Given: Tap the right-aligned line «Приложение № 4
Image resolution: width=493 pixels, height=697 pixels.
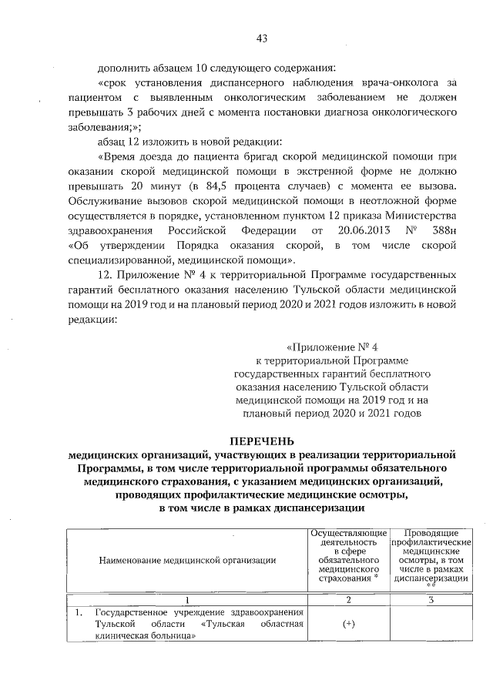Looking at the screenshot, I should [x=328, y=346].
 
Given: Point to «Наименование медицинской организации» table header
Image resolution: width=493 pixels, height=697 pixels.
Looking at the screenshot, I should [x=187, y=559].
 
